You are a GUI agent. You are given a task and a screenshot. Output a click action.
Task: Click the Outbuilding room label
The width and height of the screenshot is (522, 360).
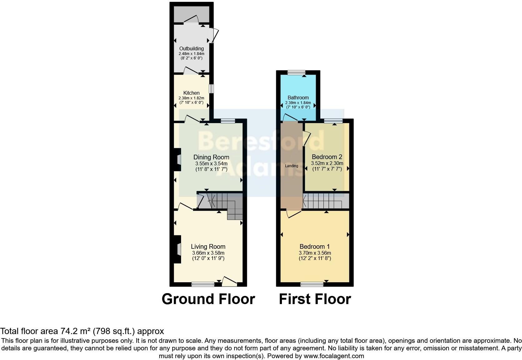[x=191, y=48]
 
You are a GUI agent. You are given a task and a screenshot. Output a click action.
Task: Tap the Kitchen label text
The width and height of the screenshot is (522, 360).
[x=191, y=93]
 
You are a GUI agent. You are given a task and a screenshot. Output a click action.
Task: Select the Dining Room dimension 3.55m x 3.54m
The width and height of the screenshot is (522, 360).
[x=211, y=163]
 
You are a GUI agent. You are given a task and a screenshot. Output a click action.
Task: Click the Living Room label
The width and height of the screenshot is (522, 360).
[x=208, y=247]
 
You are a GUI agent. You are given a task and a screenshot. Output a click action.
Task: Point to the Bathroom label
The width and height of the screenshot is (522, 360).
[x=298, y=97]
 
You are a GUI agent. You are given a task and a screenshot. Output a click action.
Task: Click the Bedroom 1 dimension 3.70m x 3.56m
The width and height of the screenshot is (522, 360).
[x=315, y=253]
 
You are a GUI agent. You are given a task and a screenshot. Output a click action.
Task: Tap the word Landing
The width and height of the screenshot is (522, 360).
[x=291, y=166]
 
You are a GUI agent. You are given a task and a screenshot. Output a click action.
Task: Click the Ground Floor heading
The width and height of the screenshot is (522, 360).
[x=208, y=299]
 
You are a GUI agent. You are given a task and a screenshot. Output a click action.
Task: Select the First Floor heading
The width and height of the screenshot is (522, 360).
[x=315, y=299]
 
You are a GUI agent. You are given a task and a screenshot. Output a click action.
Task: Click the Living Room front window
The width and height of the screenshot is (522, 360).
[x=203, y=284]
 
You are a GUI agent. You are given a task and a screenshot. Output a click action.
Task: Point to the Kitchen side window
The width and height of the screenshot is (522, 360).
[x=211, y=88]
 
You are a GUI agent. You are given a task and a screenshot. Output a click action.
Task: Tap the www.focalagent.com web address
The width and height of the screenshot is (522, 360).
[x=333, y=356]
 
